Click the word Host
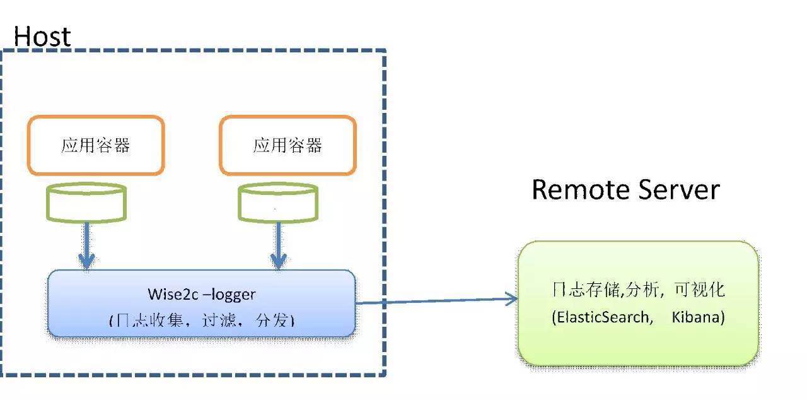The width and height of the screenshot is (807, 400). pyautogui.click(x=42, y=37)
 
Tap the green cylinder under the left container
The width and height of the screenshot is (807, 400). pyautogui.click(x=86, y=203)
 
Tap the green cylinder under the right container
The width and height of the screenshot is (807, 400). pyautogui.click(x=277, y=203)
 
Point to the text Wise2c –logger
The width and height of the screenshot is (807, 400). pyautogui.click(x=202, y=294)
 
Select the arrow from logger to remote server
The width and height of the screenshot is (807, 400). pyautogui.click(x=435, y=301)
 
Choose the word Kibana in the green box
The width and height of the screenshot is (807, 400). pyautogui.click(x=698, y=317)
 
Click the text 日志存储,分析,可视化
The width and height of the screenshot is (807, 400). pyautogui.click(x=637, y=290)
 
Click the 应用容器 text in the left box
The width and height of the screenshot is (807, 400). pyautogui.click(x=96, y=146)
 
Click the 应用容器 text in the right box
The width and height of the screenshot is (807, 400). pyautogui.click(x=287, y=146)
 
